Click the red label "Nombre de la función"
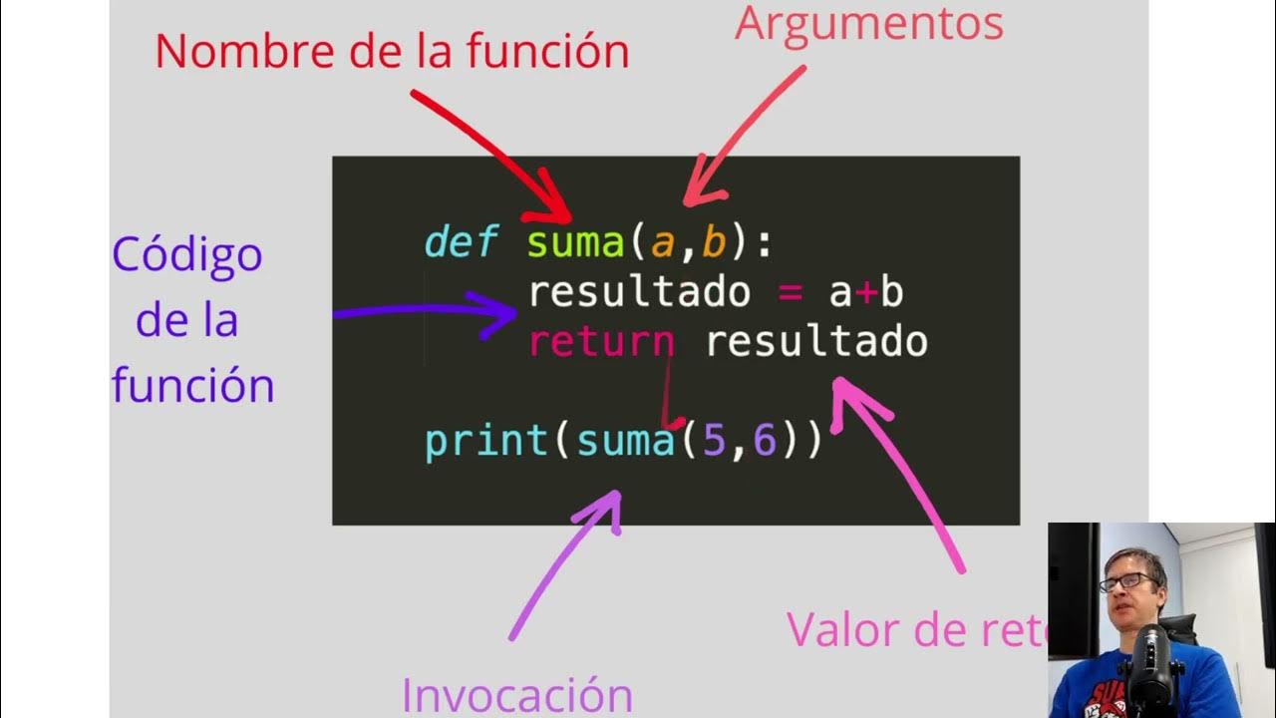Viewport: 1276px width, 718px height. click(x=392, y=52)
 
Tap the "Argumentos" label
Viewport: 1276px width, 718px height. click(x=868, y=24)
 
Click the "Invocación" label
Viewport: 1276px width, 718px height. click(x=516, y=694)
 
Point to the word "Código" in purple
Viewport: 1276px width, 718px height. click(x=187, y=256)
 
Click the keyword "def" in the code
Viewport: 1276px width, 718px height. click(x=460, y=243)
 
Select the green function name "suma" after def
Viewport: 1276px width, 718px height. click(x=575, y=243)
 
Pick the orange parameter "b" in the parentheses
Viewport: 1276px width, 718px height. click(x=714, y=243)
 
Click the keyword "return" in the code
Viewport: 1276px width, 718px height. click(x=601, y=342)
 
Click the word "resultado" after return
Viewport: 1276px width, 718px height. click(x=816, y=342)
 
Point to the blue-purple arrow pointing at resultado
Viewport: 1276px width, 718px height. click(x=429, y=311)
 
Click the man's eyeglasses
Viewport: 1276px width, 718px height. click(x=1127, y=581)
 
